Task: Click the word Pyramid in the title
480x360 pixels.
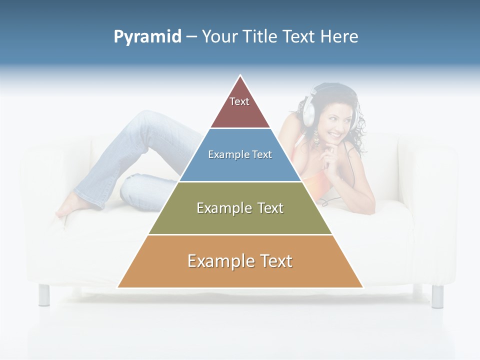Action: click(x=147, y=37)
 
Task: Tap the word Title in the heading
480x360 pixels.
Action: click(x=259, y=36)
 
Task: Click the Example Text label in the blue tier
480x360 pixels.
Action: click(x=240, y=154)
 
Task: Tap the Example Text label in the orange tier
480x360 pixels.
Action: click(x=240, y=261)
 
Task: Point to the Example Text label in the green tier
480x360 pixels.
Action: click(x=240, y=208)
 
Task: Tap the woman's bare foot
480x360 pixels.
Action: click(x=67, y=207)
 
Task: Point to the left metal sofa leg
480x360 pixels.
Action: click(x=44, y=294)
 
